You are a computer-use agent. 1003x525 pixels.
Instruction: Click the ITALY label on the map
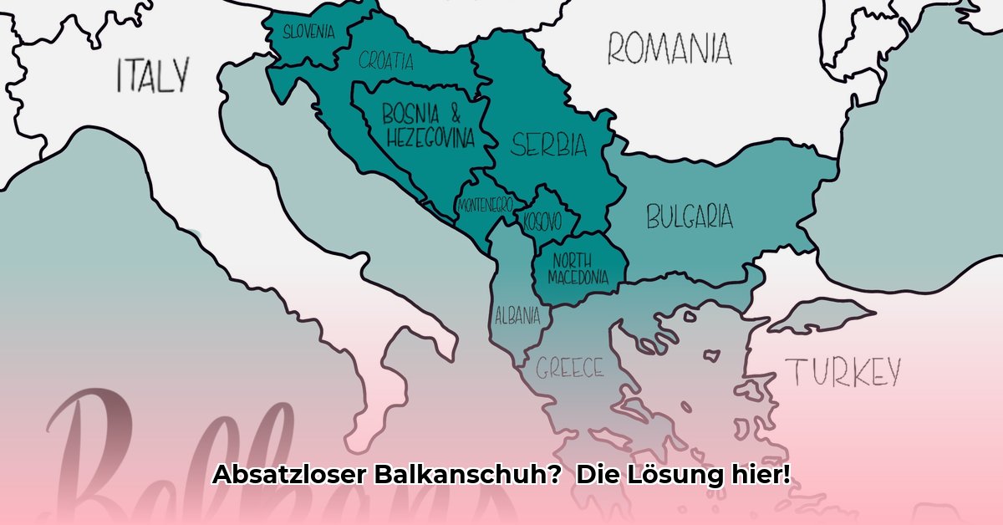pos(152,75)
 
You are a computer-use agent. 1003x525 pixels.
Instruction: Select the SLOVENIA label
pos(308,33)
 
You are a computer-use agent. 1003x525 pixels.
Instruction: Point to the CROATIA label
pos(386,60)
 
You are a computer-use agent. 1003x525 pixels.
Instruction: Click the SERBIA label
pos(549,145)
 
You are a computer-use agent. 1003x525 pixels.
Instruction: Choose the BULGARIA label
pos(690,217)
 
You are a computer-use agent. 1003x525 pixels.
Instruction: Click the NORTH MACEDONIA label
pos(578,268)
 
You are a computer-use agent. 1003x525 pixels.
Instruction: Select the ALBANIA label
pos(517,317)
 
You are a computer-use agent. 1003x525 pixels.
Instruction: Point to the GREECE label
pos(570,368)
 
